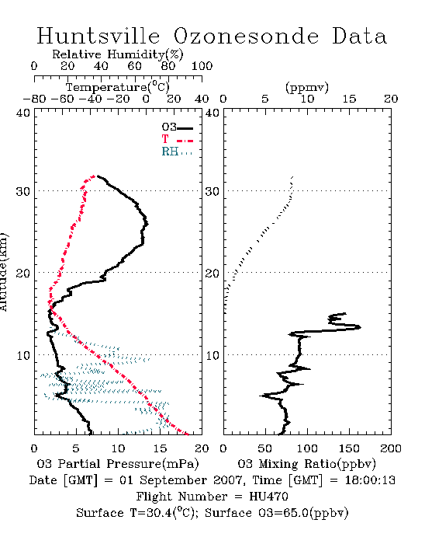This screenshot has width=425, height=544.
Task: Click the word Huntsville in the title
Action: tap(98, 36)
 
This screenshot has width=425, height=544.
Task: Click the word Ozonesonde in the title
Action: tap(246, 36)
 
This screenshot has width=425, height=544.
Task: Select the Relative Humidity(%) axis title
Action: tap(118, 54)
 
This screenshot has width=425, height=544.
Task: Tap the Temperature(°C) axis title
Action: tap(118, 87)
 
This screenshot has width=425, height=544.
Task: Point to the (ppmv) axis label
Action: tap(307, 87)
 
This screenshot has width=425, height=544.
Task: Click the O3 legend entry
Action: tap(177, 127)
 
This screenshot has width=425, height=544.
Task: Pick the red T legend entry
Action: tap(177, 140)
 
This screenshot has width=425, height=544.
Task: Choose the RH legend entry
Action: tap(177, 152)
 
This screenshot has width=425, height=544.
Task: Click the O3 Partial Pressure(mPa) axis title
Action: tap(118, 464)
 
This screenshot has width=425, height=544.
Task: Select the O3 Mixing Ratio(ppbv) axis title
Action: tap(306, 464)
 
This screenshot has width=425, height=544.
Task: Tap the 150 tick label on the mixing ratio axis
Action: tap(349, 448)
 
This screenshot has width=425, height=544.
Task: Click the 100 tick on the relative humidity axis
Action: tap(202, 66)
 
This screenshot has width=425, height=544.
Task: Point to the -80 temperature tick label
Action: tap(34, 99)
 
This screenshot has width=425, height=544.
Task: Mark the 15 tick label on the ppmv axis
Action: tap(349, 99)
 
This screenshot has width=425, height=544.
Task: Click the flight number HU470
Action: tap(268, 497)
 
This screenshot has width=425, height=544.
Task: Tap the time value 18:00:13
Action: tap(370, 480)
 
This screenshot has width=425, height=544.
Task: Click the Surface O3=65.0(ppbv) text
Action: tap(277, 513)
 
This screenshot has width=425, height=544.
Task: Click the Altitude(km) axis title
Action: tap(3, 272)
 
